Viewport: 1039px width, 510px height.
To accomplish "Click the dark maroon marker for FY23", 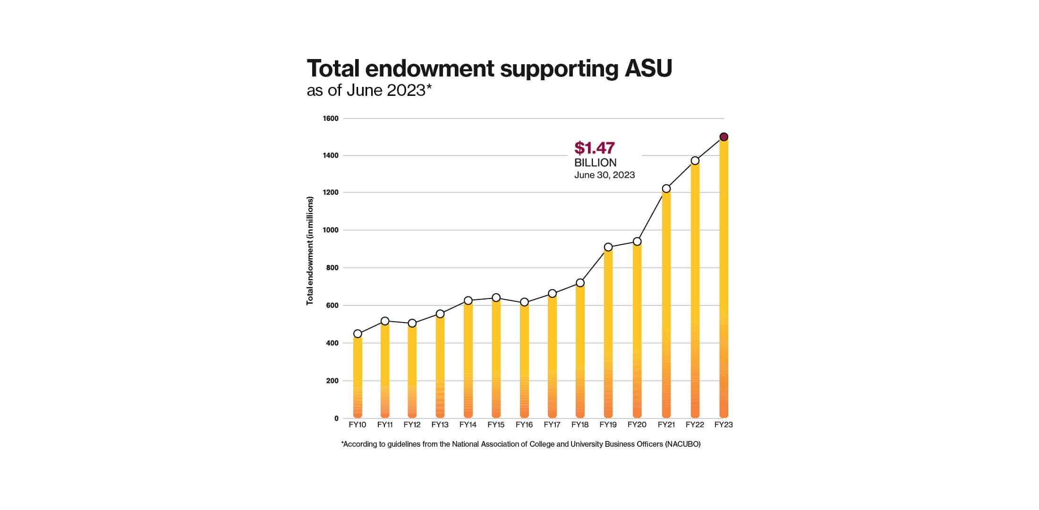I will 724,137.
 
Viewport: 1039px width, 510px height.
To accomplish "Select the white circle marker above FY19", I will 608,247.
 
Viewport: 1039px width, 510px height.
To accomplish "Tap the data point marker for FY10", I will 358,334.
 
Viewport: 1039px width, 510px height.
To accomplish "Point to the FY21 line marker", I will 666,188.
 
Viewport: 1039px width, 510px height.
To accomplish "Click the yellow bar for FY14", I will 468,359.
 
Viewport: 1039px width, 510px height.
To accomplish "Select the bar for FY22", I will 695,293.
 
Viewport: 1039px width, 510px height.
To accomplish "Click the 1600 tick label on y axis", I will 331,119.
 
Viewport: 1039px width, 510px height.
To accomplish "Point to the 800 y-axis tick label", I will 332,268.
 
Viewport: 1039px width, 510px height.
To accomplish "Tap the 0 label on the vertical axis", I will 336,418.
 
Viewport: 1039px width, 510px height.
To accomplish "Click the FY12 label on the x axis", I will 412,425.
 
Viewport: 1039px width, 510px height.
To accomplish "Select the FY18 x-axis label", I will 580,425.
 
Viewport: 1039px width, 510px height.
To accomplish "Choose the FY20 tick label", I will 637,425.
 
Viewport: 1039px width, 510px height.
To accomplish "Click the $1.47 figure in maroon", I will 594,148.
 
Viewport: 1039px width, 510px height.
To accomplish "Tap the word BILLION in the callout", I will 595,162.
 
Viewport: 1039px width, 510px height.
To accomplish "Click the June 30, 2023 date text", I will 604,175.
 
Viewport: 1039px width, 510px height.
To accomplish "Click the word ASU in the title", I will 648,68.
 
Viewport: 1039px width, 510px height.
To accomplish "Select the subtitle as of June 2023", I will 369,90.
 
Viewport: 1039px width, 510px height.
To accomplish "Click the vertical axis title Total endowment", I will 310,251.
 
